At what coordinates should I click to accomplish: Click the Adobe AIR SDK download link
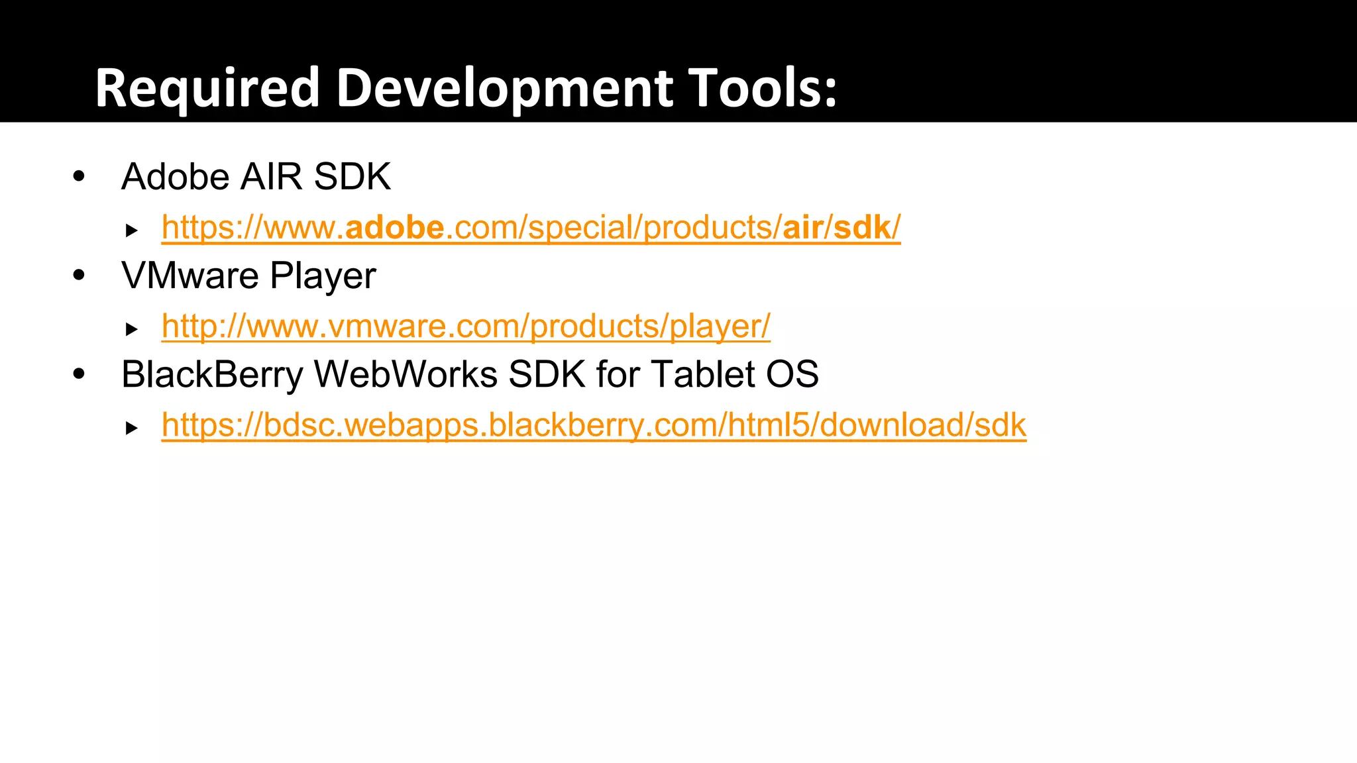pyautogui.click(x=531, y=228)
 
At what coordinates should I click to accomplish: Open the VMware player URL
pyautogui.click(x=466, y=327)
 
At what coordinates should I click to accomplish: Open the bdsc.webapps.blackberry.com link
pyautogui.click(x=594, y=425)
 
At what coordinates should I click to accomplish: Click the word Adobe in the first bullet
pyautogui.click(x=176, y=177)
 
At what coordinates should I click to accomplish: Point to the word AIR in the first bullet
pyautogui.click(x=271, y=177)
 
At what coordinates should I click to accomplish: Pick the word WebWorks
pyautogui.click(x=406, y=375)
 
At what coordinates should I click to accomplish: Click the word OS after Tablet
pyautogui.click(x=792, y=375)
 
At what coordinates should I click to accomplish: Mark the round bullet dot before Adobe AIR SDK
pyautogui.click(x=80, y=176)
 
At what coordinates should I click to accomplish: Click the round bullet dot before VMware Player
pyautogui.click(x=80, y=275)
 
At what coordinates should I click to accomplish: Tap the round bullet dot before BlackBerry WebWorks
pyautogui.click(x=80, y=374)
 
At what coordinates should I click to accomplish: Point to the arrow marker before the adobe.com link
pyautogui.click(x=132, y=230)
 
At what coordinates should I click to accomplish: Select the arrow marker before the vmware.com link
pyautogui.click(x=132, y=329)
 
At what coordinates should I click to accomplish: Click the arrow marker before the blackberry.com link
pyautogui.click(x=132, y=428)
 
